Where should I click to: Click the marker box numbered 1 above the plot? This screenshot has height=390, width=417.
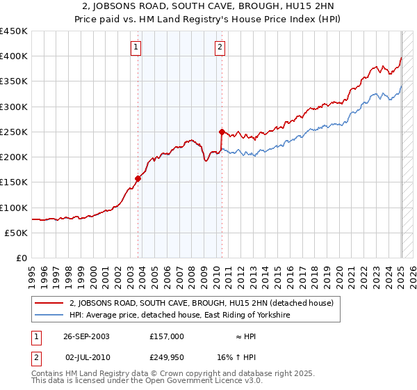135,48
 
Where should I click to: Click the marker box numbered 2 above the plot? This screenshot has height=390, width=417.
220,48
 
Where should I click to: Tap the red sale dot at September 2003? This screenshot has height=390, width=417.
138,178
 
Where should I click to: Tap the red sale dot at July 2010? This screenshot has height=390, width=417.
222,132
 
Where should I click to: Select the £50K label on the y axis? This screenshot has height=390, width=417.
17,233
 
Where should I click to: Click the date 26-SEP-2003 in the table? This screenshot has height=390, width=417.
86,336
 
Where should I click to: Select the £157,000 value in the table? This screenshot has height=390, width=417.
167,336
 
